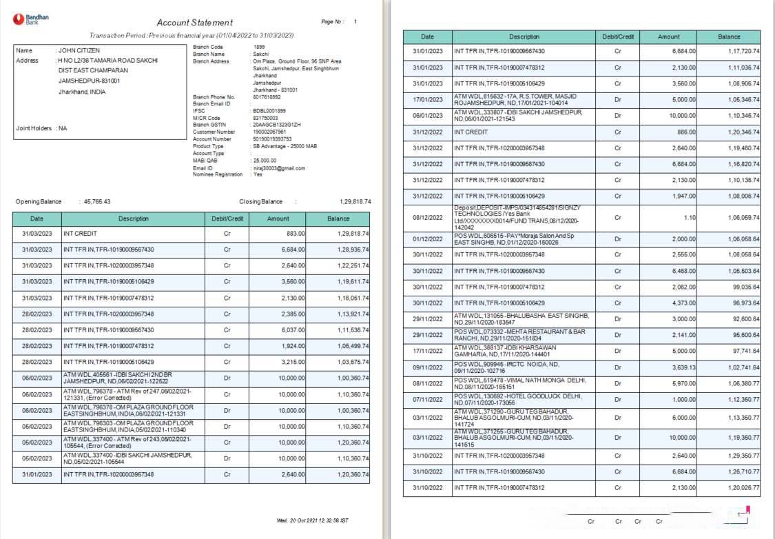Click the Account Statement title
point(195,23)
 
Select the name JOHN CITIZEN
point(79,50)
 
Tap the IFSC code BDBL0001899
point(269,110)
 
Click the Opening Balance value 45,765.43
point(97,202)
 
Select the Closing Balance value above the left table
point(355,202)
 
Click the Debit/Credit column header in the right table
point(618,37)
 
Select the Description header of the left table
point(133,218)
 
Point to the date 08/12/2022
point(427,217)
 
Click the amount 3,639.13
point(683,367)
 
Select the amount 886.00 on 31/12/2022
point(686,132)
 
